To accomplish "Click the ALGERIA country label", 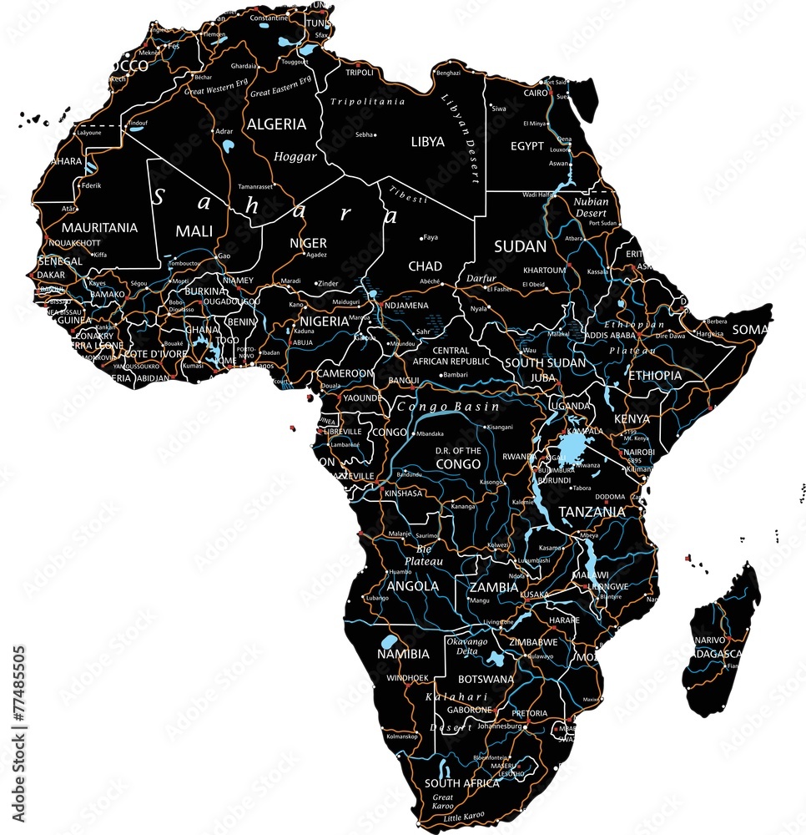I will pos(276,124).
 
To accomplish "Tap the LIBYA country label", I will pos(428,142).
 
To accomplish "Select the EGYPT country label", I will pos(526,146).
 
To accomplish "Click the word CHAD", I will pos(425,266).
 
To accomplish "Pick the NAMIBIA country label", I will pos(403,654).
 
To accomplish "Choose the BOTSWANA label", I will pos(486,679).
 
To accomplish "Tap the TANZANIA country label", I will pos(592,511).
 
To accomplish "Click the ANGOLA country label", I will pos(413,586).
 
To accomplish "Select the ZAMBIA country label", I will pos(493,587).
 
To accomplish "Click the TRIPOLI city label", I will pos(360,73).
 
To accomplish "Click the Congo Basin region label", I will pos(448,407).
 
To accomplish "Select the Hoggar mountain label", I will pos(295,156).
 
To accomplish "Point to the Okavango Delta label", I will pos(466,646).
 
